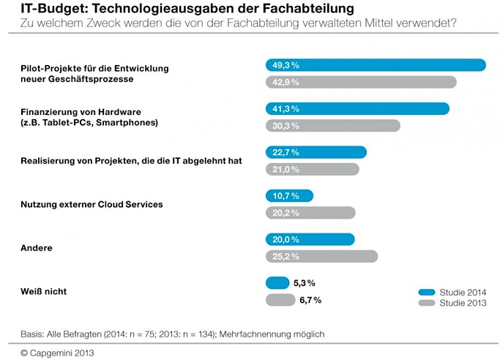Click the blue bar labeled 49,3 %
pyautogui.click(x=375, y=65)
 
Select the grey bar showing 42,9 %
pyautogui.click(x=360, y=82)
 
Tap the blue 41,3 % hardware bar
pyautogui.click(x=357, y=108)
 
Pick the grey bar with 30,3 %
pyautogui.click(x=332, y=126)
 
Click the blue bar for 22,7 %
pyautogui.click(x=316, y=152)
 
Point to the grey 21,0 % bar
pyautogui.click(x=312, y=169)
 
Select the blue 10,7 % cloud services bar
pyautogui.click(x=288, y=195)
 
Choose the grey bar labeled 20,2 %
pyautogui.click(x=310, y=213)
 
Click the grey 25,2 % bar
pyautogui.click(x=321, y=256)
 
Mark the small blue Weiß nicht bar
pyautogui.click(x=277, y=282)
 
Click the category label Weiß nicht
pyautogui.click(x=43, y=291)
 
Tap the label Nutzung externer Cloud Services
pyautogui.click(x=92, y=204)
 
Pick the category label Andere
pyautogui.click(x=36, y=248)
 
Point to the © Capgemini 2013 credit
pyautogui.click(x=57, y=352)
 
